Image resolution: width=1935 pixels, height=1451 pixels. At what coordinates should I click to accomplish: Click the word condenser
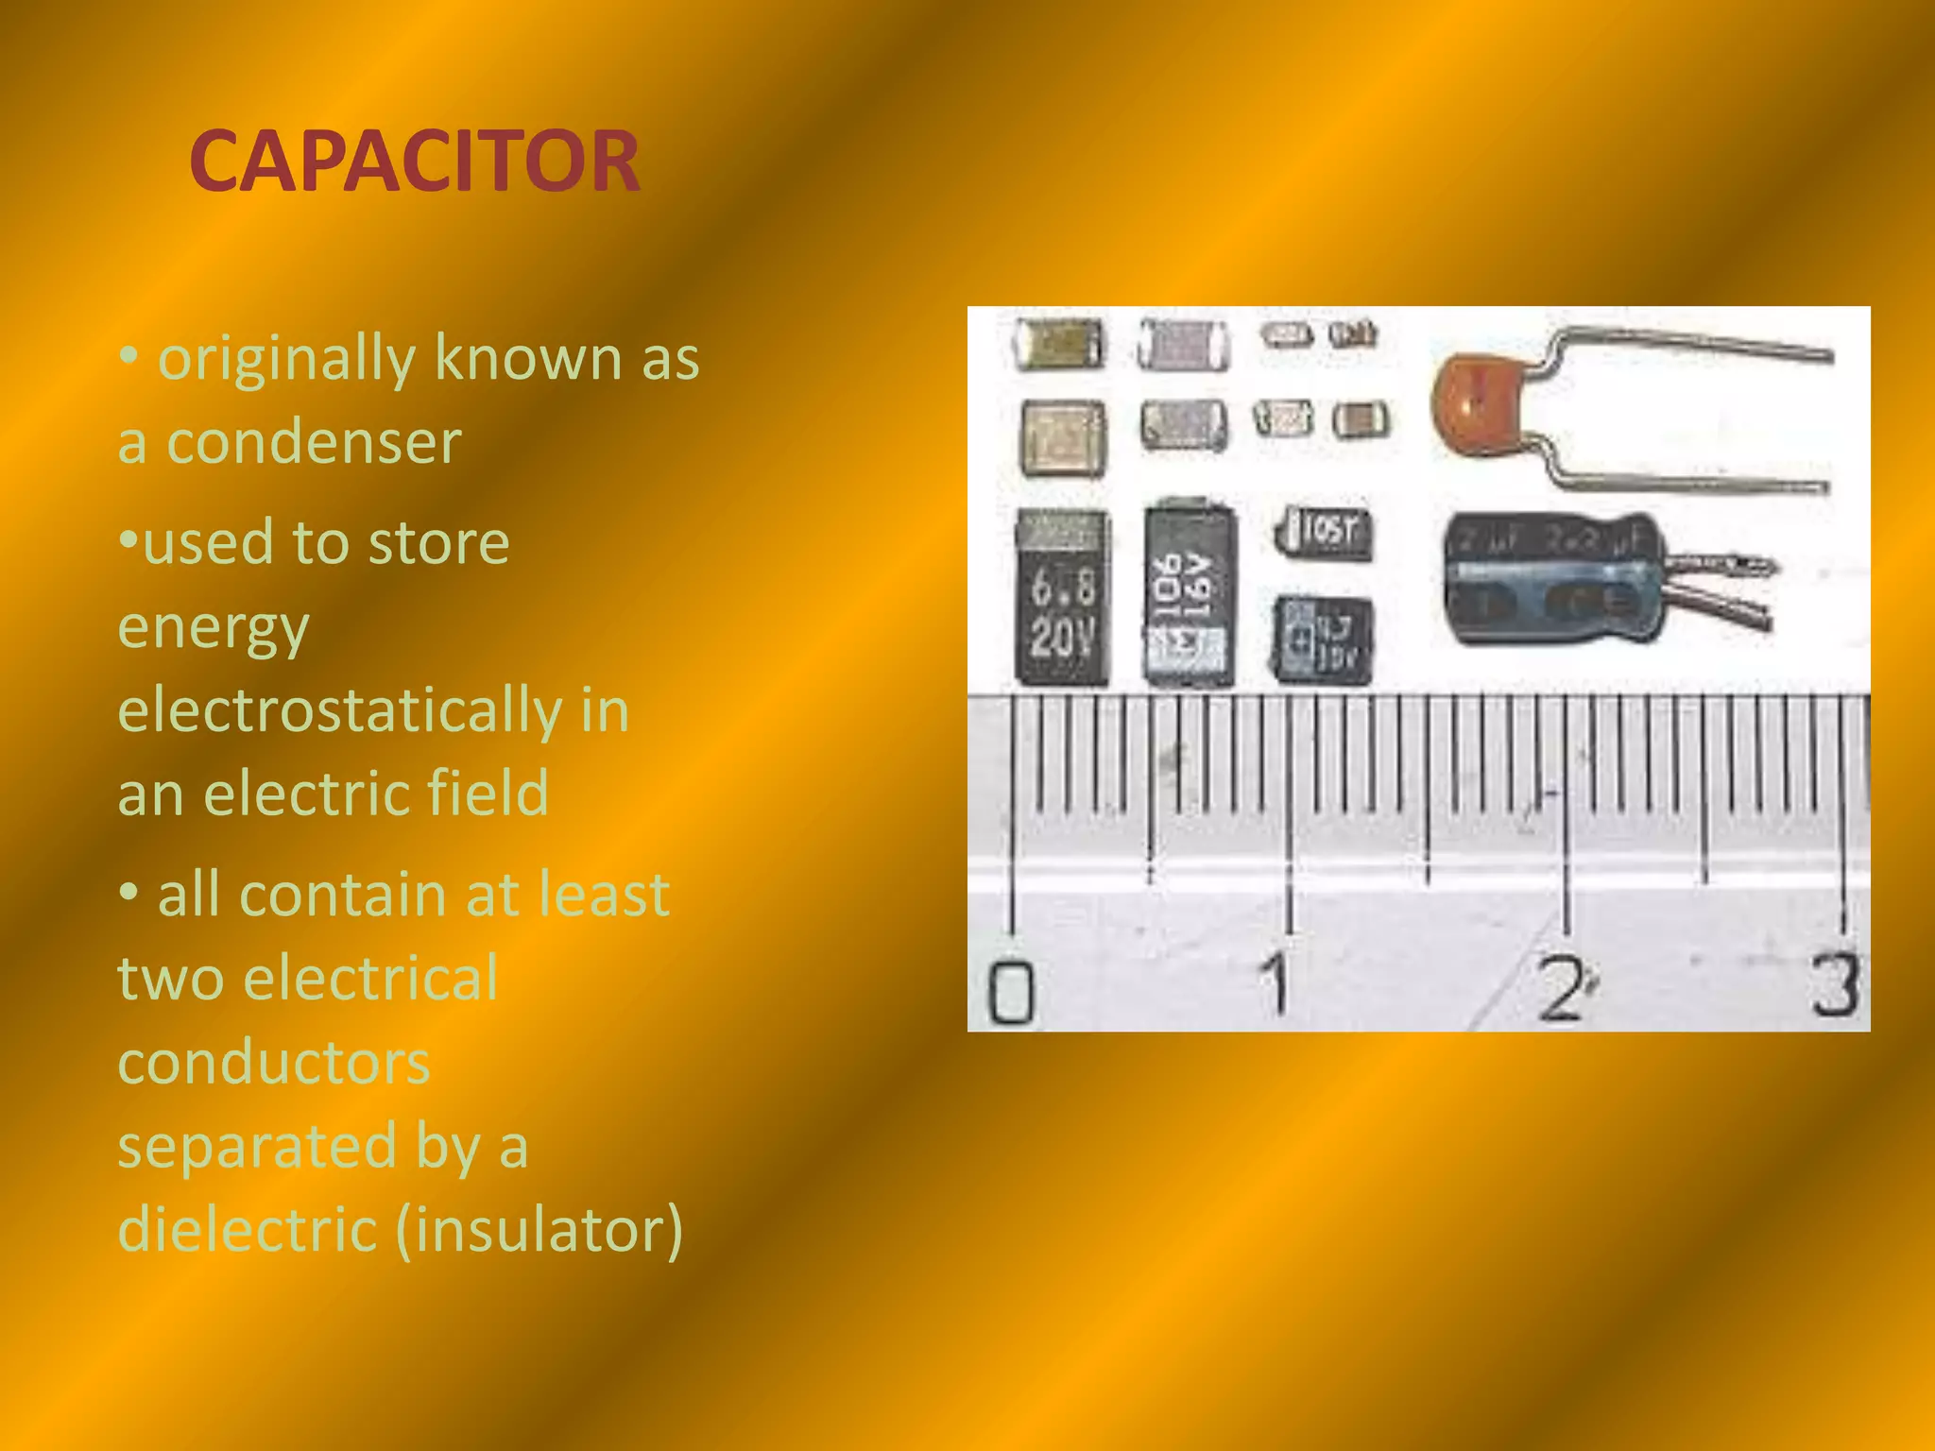pyautogui.click(x=314, y=442)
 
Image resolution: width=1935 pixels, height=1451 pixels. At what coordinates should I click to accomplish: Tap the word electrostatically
pyautogui.click(x=339, y=710)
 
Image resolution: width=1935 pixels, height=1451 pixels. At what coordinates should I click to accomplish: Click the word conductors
pyautogui.click(x=274, y=1063)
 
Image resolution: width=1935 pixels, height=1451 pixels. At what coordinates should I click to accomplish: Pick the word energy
pyautogui.click(x=214, y=628)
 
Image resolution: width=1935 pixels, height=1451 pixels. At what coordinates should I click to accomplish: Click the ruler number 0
pyautogui.click(x=1010, y=991)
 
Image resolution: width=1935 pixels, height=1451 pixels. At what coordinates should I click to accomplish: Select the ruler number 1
pyautogui.click(x=1276, y=983)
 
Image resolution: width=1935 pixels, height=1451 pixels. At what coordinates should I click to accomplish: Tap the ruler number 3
pyautogui.click(x=1835, y=984)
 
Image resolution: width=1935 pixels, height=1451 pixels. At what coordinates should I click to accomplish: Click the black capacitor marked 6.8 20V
pyautogui.click(x=1062, y=598)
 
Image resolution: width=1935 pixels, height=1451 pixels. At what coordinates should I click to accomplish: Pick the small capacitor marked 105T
pyautogui.click(x=1325, y=532)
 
